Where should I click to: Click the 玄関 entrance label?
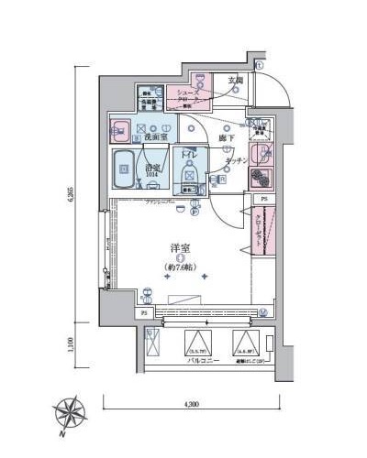236,81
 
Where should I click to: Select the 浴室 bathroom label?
152,169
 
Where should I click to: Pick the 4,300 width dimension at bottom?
192,403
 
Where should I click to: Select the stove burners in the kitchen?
262,178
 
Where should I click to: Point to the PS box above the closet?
264,200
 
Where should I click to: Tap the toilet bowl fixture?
192,171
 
